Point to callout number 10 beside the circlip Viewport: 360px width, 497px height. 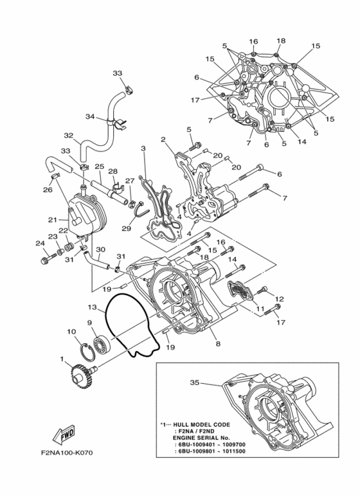click(x=71, y=332)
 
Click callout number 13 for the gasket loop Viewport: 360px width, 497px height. click(x=93, y=307)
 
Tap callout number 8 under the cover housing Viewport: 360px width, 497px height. click(x=218, y=344)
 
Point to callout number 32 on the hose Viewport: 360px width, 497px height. click(x=68, y=136)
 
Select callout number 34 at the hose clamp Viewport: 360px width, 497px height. click(x=90, y=116)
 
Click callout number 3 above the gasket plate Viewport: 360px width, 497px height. click(x=143, y=149)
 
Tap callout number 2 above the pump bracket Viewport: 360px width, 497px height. click(x=163, y=139)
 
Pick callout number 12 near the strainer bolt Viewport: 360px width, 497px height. click(x=280, y=299)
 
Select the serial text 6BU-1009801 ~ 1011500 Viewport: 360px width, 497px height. click(x=212, y=452)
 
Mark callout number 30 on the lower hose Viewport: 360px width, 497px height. click(x=100, y=249)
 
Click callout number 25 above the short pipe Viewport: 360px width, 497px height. click(x=99, y=167)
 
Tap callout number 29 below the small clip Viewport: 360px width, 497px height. click(x=126, y=228)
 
